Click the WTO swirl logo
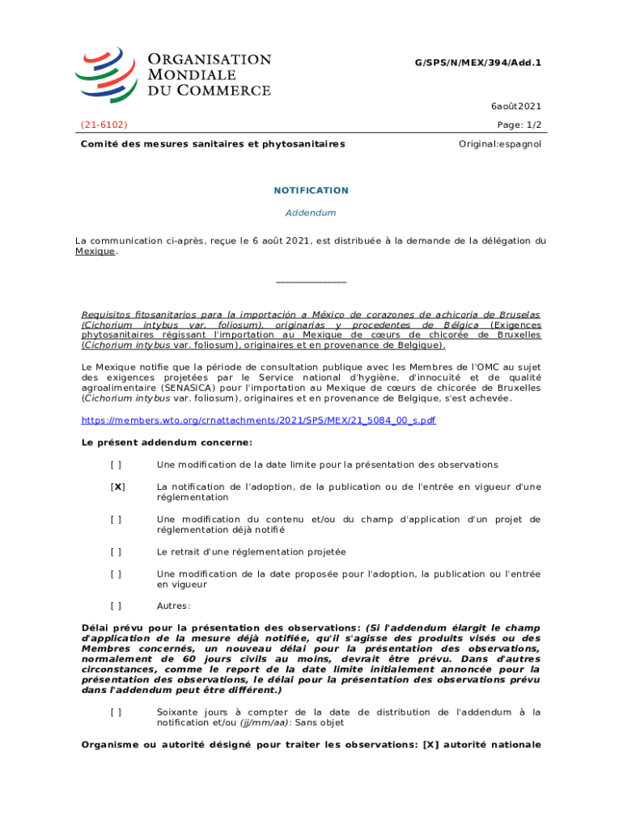point(107,74)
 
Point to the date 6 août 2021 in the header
point(515,106)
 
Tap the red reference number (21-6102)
point(104,125)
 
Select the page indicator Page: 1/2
point(519,125)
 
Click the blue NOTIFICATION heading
point(311,190)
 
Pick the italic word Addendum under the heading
point(311,212)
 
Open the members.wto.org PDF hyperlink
point(259,421)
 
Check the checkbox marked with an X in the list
point(117,487)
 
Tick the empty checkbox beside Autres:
point(117,606)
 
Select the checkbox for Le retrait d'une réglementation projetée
point(117,551)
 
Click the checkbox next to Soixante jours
point(117,712)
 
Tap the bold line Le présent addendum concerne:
point(167,443)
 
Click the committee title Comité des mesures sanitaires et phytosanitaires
point(213,143)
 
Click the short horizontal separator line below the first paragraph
point(311,282)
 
